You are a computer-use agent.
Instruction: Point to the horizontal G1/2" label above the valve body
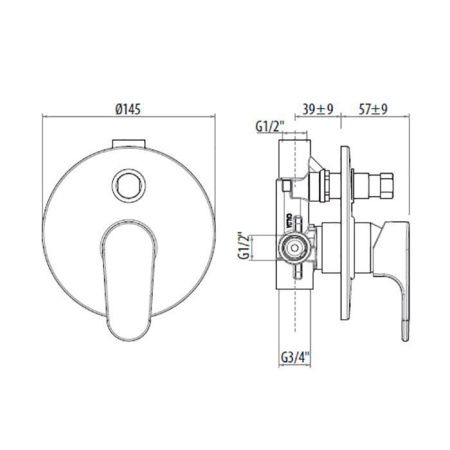[x=270, y=127]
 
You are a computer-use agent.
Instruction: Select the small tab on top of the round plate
[x=126, y=144]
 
